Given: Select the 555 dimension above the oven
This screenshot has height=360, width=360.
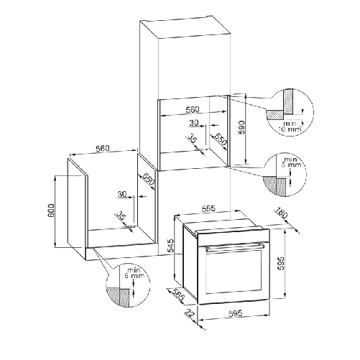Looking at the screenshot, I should [x=208, y=208].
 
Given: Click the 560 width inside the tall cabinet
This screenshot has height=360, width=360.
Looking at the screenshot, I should [x=192, y=110].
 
